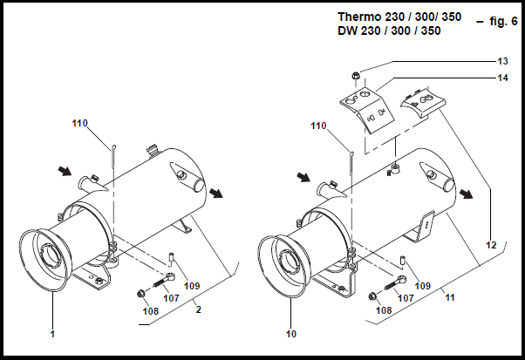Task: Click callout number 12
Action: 491,247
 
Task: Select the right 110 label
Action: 320,126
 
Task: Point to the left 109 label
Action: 193,286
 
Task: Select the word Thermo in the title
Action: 358,17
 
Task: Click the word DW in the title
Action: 349,31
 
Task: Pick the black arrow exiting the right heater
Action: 469,194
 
